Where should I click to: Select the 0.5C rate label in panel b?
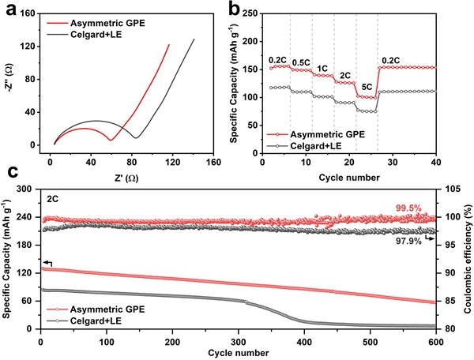(x=302, y=62)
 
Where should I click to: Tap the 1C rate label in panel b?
(x=322, y=68)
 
